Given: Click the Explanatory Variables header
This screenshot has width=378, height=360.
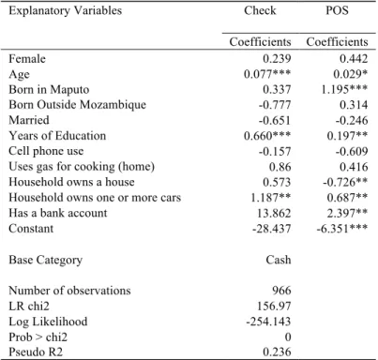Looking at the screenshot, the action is (x=65, y=10).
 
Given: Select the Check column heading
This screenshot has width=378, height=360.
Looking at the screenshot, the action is (x=260, y=10).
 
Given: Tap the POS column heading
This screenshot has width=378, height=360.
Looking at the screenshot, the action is (x=337, y=10).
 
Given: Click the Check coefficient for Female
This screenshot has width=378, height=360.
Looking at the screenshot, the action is (x=277, y=59).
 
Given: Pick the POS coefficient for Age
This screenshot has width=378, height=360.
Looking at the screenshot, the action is (x=350, y=74).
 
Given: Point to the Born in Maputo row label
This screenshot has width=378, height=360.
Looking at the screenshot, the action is (x=49, y=90).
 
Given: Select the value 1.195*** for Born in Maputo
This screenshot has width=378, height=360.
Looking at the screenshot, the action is (x=344, y=90).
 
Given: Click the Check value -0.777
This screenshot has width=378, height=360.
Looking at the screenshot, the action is (x=275, y=105).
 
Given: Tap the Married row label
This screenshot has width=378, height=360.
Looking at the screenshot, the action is (x=29, y=120).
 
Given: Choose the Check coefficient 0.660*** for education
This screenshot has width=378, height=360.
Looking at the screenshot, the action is (x=267, y=136).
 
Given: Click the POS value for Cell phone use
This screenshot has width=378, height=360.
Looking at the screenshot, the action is (x=352, y=151).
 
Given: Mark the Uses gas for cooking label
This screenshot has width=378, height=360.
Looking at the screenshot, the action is (x=82, y=167).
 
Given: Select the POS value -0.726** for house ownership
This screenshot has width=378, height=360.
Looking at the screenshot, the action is (x=345, y=182).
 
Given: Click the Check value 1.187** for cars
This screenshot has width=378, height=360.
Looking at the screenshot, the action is (x=271, y=198).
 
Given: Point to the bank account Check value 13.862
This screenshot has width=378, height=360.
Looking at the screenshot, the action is (x=274, y=213).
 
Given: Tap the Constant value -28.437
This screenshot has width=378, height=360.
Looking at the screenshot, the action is (x=272, y=229).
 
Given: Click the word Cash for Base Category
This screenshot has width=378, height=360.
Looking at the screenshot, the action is (x=279, y=260).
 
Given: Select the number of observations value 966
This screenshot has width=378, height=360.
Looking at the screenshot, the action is (x=281, y=291).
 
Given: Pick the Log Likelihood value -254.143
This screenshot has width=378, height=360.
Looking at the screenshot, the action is (x=268, y=322).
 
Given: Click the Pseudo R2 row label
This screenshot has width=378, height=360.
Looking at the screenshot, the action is (x=36, y=352).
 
